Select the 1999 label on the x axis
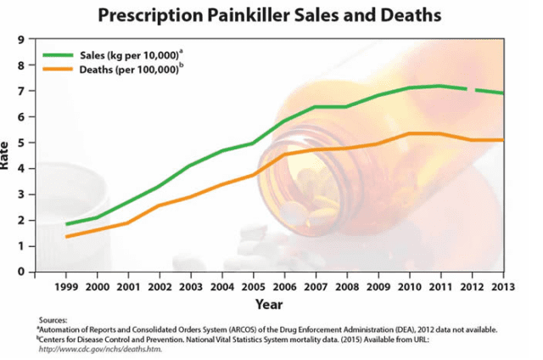[x=67, y=286]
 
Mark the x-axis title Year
[x=270, y=303]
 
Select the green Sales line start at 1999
[x=67, y=224]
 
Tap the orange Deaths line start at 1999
[x=67, y=236]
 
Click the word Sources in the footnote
[x=53, y=321]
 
